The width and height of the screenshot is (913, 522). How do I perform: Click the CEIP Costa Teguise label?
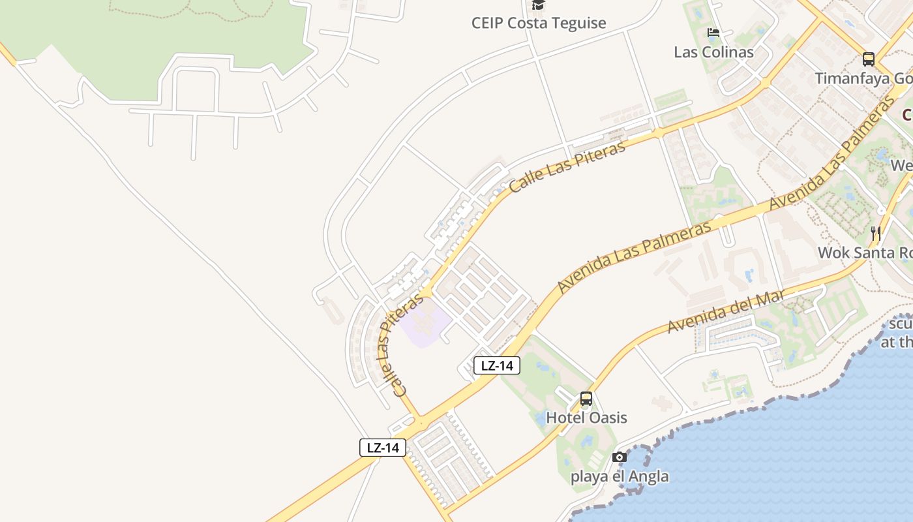(539, 23)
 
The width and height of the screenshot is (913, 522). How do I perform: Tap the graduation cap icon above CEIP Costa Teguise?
(538, 5)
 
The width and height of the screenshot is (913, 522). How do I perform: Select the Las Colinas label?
(713, 52)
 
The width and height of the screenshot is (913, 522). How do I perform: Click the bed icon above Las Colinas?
(713, 33)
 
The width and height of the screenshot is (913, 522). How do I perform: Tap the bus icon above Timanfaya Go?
(869, 59)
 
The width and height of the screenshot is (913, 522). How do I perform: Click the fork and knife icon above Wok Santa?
(876, 233)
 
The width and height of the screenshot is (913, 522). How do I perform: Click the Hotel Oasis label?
(586, 418)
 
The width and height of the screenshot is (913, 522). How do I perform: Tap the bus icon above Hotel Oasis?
(586, 399)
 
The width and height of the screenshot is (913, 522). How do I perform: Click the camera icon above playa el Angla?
(620, 457)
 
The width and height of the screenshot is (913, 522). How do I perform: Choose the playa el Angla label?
(620, 476)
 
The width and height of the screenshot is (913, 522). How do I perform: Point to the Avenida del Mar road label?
(725, 312)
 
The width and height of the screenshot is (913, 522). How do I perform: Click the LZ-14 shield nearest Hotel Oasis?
(497, 365)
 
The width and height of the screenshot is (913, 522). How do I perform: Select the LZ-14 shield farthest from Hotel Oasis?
(383, 448)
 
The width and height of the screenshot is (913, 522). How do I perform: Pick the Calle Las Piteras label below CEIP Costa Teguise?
(567, 166)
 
